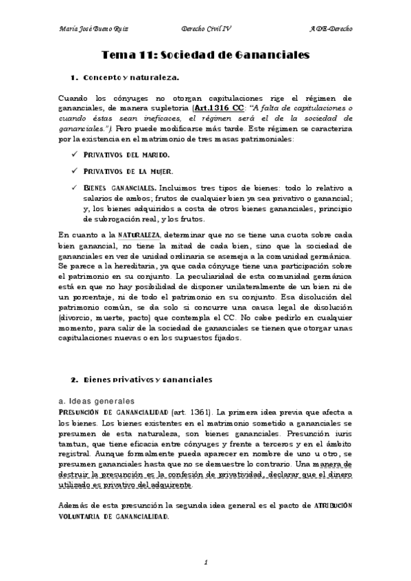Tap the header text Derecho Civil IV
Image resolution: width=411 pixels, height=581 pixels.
pyautogui.click(x=205, y=31)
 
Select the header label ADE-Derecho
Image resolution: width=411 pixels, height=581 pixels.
pyautogui.click(x=331, y=31)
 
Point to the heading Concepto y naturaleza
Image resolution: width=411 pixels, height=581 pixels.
pyautogui.click(x=130, y=78)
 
